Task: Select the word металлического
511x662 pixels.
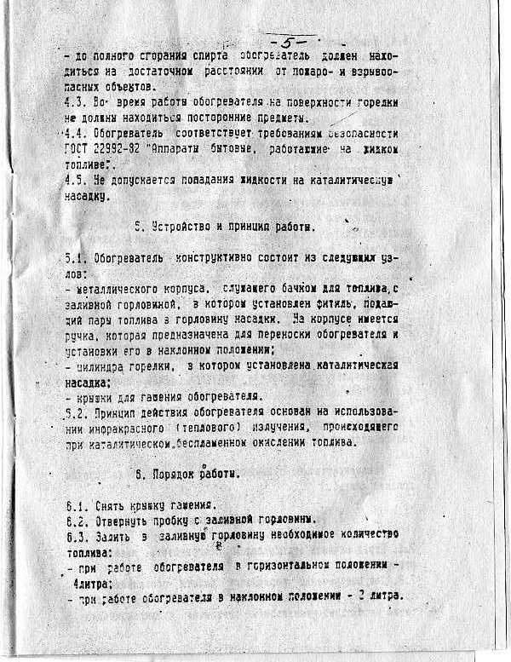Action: (112, 290)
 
